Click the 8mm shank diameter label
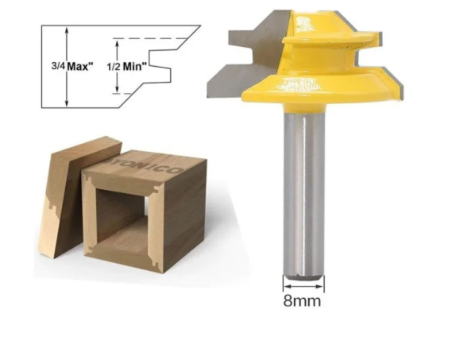point(303,301)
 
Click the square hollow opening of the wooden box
point(120,214)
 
